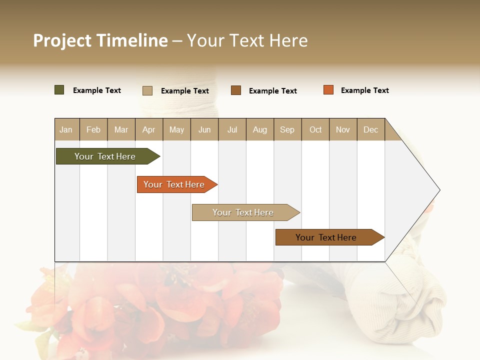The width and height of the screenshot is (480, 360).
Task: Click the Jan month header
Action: pyautogui.click(x=66, y=129)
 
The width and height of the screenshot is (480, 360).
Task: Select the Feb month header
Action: pyautogui.click(x=93, y=129)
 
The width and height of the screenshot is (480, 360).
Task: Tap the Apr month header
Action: pyautogui.click(x=148, y=129)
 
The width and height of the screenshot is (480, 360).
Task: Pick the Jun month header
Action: pyautogui.click(x=204, y=129)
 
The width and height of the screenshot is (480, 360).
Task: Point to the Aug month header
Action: pyautogui.click(x=259, y=129)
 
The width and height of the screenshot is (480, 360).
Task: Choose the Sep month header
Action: pyautogui.click(x=287, y=129)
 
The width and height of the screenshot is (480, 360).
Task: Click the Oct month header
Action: pyautogui.click(x=315, y=129)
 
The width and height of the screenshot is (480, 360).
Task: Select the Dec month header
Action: pyautogui.click(x=370, y=129)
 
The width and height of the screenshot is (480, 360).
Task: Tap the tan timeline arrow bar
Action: pyautogui.click(x=244, y=212)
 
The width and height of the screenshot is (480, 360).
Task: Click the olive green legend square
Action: pyautogui.click(x=59, y=90)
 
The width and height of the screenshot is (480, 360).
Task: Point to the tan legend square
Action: pyautogui.click(x=147, y=90)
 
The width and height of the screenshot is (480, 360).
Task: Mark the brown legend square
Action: pyautogui.click(x=236, y=90)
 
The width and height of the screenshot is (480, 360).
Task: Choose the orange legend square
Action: pyautogui.click(x=328, y=90)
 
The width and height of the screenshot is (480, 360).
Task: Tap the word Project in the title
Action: pyautogui.click(x=62, y=40)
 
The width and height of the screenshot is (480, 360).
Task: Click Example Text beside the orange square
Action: pyautogui.click(x=364, y=90)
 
